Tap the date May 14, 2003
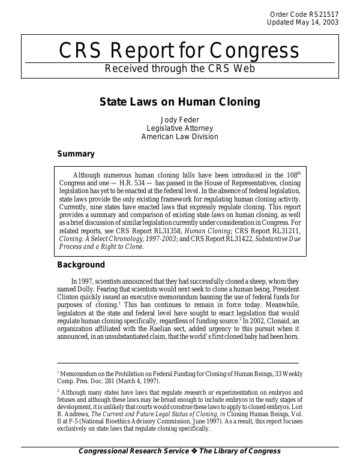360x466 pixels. tap(313, 22)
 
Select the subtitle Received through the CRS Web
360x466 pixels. tap(179, 68)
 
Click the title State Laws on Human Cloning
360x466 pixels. tap(179, 102)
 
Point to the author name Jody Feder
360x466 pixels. tap(179, 119)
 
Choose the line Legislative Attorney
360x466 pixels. tap(179, 128)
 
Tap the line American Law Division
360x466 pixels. tap(179, 137)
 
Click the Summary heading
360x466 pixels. tap(76, 154)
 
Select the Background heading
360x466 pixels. tap(81, 265)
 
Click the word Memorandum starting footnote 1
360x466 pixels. tap(77, 374)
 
